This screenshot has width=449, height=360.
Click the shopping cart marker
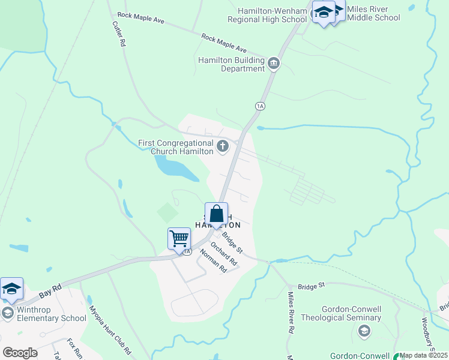pos(179,238)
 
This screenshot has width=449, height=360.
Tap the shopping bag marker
pos(217,214)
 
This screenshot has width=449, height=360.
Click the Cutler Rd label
pos(118,34)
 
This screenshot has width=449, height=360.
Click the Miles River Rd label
pos(291,313)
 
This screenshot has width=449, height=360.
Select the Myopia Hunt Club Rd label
pos(110,329)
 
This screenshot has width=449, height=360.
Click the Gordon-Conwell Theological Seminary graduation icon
pos(363,331)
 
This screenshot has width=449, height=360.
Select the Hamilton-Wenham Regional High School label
pos(267,15)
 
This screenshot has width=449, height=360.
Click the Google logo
pos(20,353)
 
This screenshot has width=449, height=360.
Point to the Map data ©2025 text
pos(423,355)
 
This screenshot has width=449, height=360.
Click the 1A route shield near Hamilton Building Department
pos(260,106)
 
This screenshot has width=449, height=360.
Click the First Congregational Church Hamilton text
pos(175,147)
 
